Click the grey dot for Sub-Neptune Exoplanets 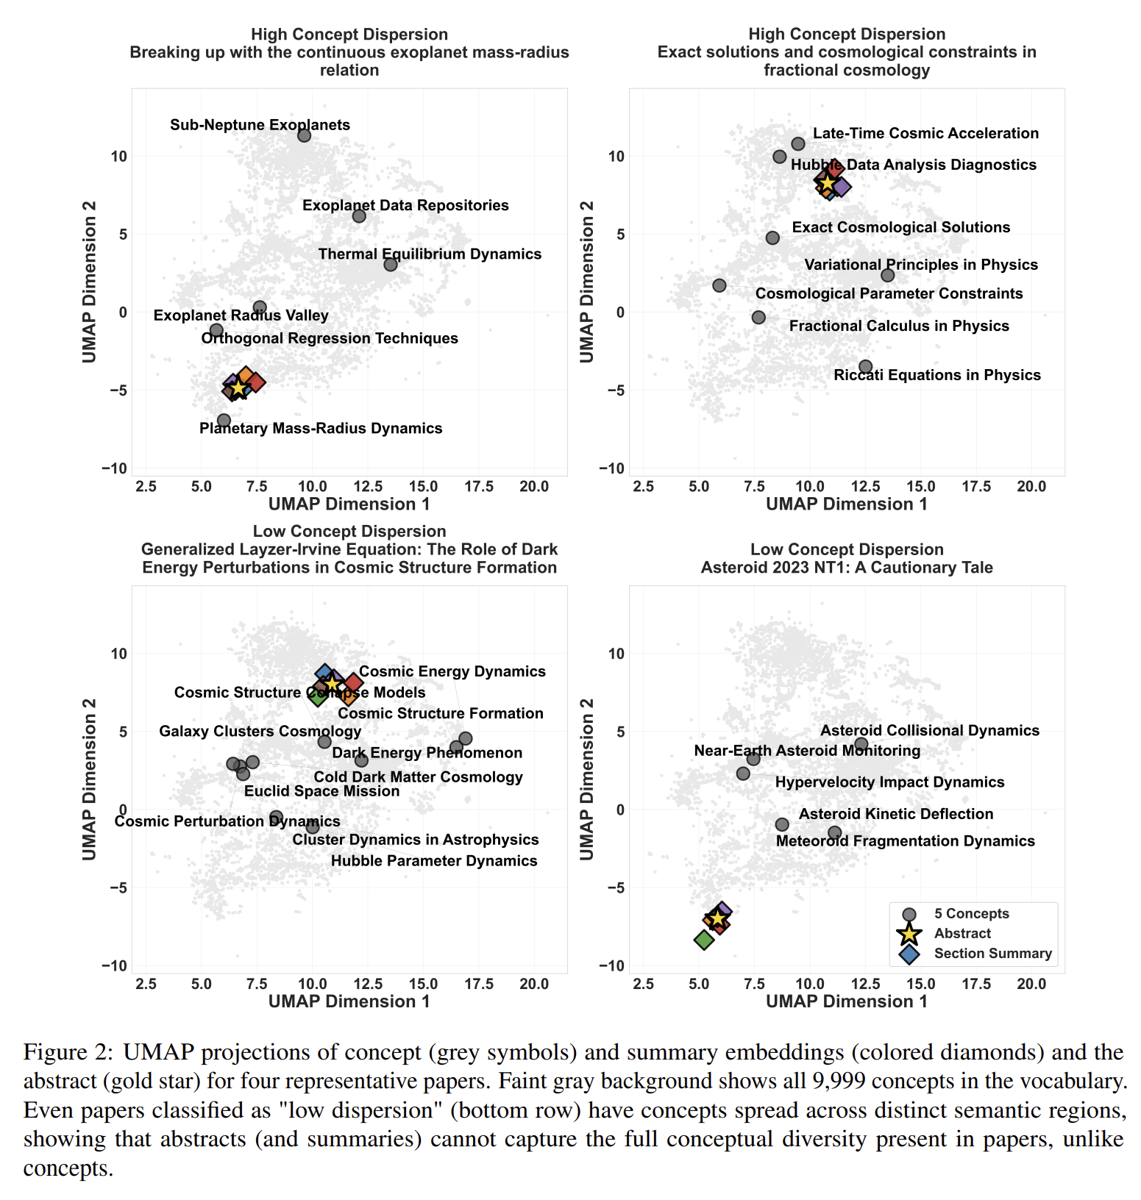pyautogui.click(x=304, y=135)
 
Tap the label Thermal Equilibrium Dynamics pyautogui.click(x=430, y=254)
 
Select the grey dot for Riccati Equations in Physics pyautogui.click(x=865, y=366)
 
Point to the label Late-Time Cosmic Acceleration pyautogui.click(x=925, y=133)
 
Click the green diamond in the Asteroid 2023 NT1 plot pyautogui.click(x=704, y=939)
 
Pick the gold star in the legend pyautogui.click(x=909, y=934)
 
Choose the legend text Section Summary pyautogui.click(x=992, y=953)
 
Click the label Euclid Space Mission pyautogui.click(x=321, y=791)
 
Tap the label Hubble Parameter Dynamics pyautogui.click(x=434, y=860)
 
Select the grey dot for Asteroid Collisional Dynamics pyautogui.click(x=861, y=744)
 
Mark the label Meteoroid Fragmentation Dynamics pyautogui.click(x=905, y=840)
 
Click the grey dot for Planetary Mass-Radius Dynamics pyautogui.click(x=224, y=421)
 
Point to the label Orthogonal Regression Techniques pyautogui.click(x=330, y=338)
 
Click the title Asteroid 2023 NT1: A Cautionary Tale pyautogui.click(x=846, y=567)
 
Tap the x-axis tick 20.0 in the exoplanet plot pyautogui.click(x=534, y=486)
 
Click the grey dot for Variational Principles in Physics pyautogui.click(x=887, y=275)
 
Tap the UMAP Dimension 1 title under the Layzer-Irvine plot pyautogui.click(x=349, y=1001)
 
